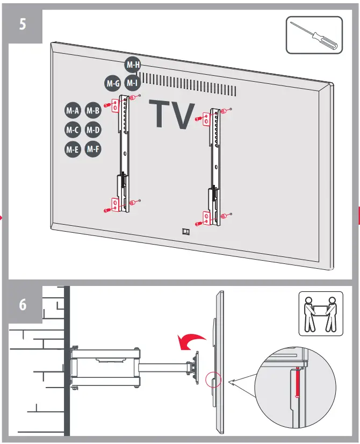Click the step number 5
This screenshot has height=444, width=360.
coord(23,25)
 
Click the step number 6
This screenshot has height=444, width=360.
coord(23,304)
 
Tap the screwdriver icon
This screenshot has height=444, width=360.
coord(314,35)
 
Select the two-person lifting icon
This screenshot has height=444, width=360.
coord(320,313)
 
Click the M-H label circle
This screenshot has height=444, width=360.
coord(133,65)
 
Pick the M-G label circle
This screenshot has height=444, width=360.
coord(112,83)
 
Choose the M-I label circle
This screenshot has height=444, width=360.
coord(132,83)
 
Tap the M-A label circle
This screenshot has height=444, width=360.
coord(73,111)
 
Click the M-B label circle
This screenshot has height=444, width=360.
coord(93,111)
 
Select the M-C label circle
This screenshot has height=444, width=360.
coord(73,130)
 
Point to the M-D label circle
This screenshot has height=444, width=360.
coord(93,130)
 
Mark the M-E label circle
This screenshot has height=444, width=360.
coord(73,149)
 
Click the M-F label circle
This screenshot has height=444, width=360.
coord(93,148)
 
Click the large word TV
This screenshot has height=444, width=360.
coord(172,114)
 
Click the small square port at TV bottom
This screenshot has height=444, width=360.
coord(186,232)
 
